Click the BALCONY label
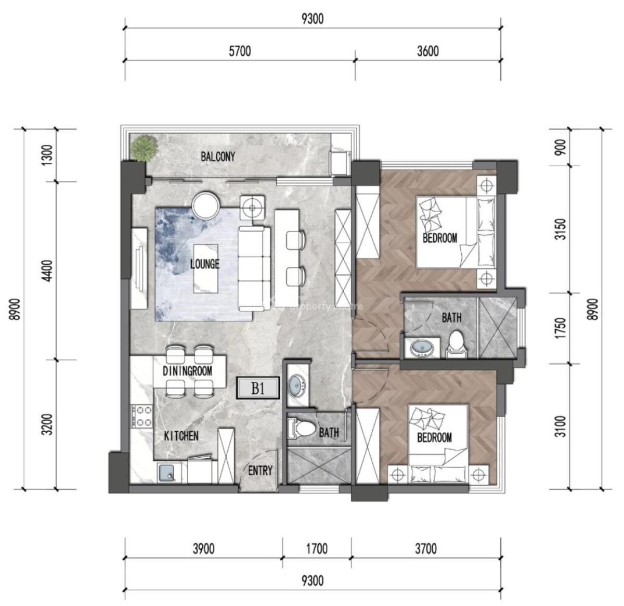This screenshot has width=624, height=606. [x=218, y=157]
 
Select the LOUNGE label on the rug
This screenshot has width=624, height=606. [x=204, y=264]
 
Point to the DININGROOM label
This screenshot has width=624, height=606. [x=187, y=371]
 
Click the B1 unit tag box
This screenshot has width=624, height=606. [x=258, y=389]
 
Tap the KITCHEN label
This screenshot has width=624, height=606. [x=181, y=436]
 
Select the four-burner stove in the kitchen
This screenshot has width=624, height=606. [x=142, y=416]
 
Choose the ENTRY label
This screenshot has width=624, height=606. [x=260, y=471]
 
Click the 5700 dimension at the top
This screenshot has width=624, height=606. [x=239, y=51]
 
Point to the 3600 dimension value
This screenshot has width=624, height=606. [x=427, y=51]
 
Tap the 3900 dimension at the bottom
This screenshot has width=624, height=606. [x=203, y=549]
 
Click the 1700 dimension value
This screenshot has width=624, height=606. [x=316, y=549]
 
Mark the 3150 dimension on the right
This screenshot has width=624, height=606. [x=560, y=229]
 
